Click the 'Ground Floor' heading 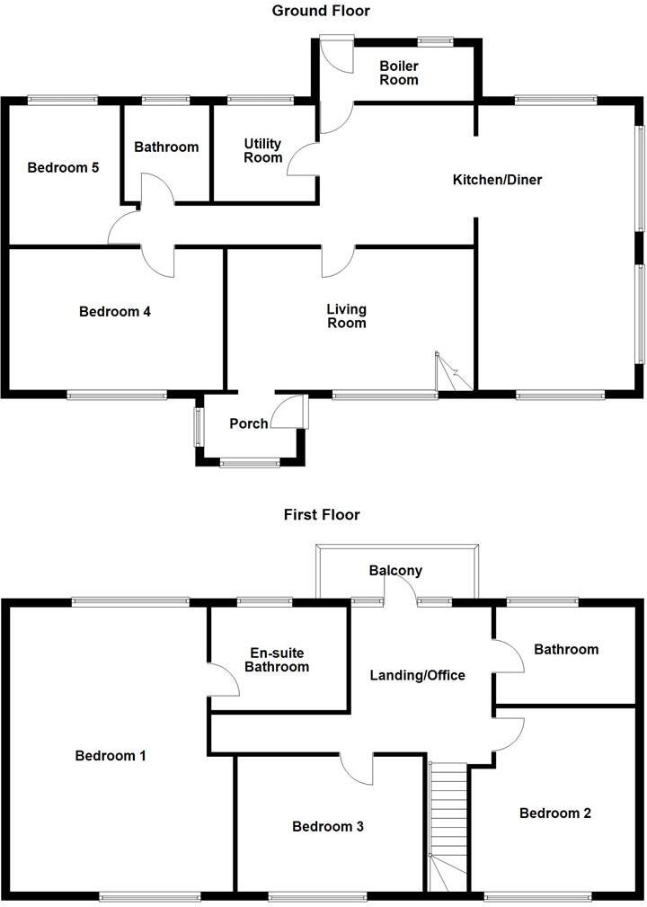[321, 11]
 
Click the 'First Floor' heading [321, 515]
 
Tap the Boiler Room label [399, 73]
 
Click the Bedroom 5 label [63, 167]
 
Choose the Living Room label [346, 316]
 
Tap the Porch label [248, 423]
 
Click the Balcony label [395, 571]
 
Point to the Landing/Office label [418, 674]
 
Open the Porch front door [291, 411]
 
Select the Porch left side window [198, 427]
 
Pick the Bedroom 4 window [117, 394]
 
